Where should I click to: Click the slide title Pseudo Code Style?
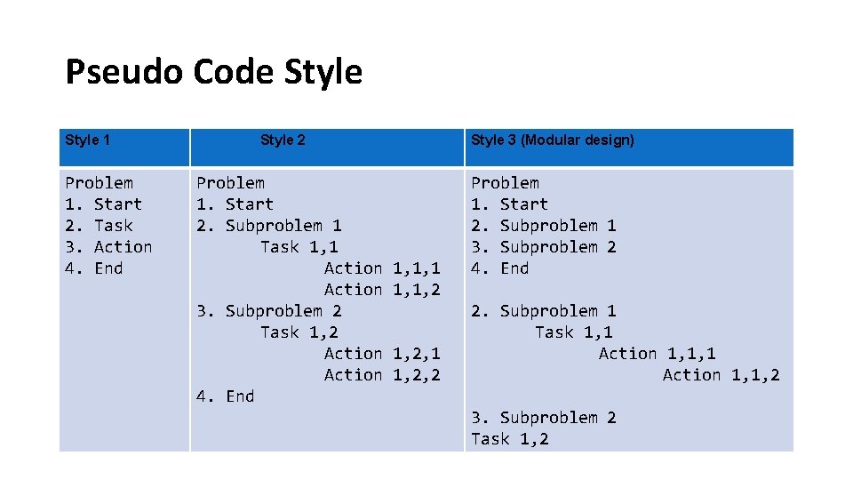click(213, 72)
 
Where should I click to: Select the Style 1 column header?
click(88, 140)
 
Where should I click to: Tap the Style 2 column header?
click(283, 140)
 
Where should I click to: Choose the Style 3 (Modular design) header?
click(552, 140)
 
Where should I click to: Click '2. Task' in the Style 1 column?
click(99, 226)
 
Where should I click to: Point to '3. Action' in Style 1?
click(108, 247)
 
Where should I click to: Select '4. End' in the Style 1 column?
click(93, 268)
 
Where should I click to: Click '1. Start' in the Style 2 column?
click(235, 204)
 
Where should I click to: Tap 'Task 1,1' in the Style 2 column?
click(299, 247)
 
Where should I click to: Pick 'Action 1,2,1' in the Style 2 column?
click(382, 354)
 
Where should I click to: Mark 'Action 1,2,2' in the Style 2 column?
click(382, 375)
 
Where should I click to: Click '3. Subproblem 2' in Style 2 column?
click(268, 311)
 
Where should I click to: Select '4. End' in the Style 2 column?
click(225, 396)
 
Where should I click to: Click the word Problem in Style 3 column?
click(505, 183)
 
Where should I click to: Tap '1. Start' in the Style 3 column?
click(509, 204)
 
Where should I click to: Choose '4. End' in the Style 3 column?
click(499, 268)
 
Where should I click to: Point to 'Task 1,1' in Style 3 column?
click(573, 332)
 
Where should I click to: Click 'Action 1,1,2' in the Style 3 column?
click(721, 375)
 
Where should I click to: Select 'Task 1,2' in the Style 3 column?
click(509, 439)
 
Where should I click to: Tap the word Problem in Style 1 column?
click(99, 183)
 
